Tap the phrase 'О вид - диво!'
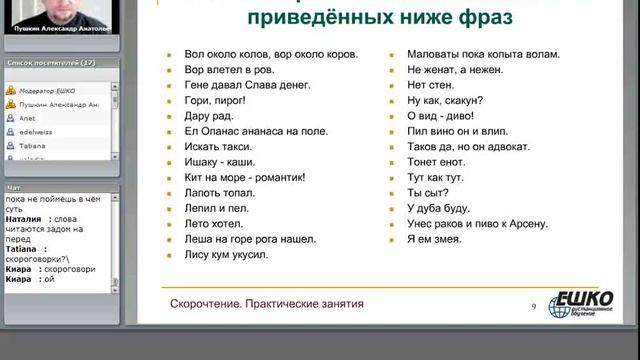tap(442, 119)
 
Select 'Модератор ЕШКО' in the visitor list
tap(58, 90)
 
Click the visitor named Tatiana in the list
tap(32, 145)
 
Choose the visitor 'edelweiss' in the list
tap(38, 131)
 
